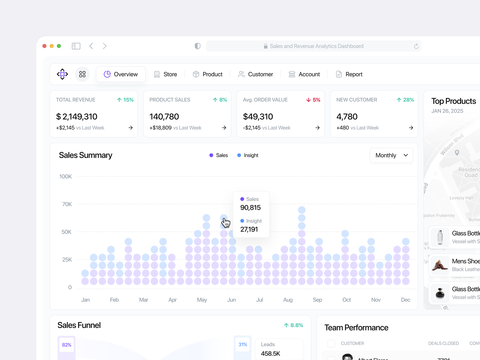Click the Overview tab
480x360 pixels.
click(121, 74)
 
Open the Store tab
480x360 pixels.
click(165, 74)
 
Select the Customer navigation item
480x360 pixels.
click(256, 74)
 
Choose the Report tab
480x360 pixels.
click(349, 74)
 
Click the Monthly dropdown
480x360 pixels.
click(391, 155)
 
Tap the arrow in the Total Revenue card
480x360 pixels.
click(130, 128)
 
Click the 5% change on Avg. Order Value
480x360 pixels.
click(313, 100)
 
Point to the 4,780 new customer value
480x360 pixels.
click(347, 117)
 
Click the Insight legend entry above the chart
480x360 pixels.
click(248, 155)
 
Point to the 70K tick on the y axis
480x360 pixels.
click(67, 204)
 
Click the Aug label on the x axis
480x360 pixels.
click(288, 300)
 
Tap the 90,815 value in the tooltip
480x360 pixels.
click(250, 208)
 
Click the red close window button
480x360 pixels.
click(44, 46)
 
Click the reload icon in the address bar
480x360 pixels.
click(416, 46)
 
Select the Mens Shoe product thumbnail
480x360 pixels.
click(440, 265)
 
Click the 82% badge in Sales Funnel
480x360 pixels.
click(67, 345)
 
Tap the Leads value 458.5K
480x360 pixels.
click(270, 354)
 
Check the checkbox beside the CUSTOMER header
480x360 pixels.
click(331, 343)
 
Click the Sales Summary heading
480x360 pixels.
click(85, 155)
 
